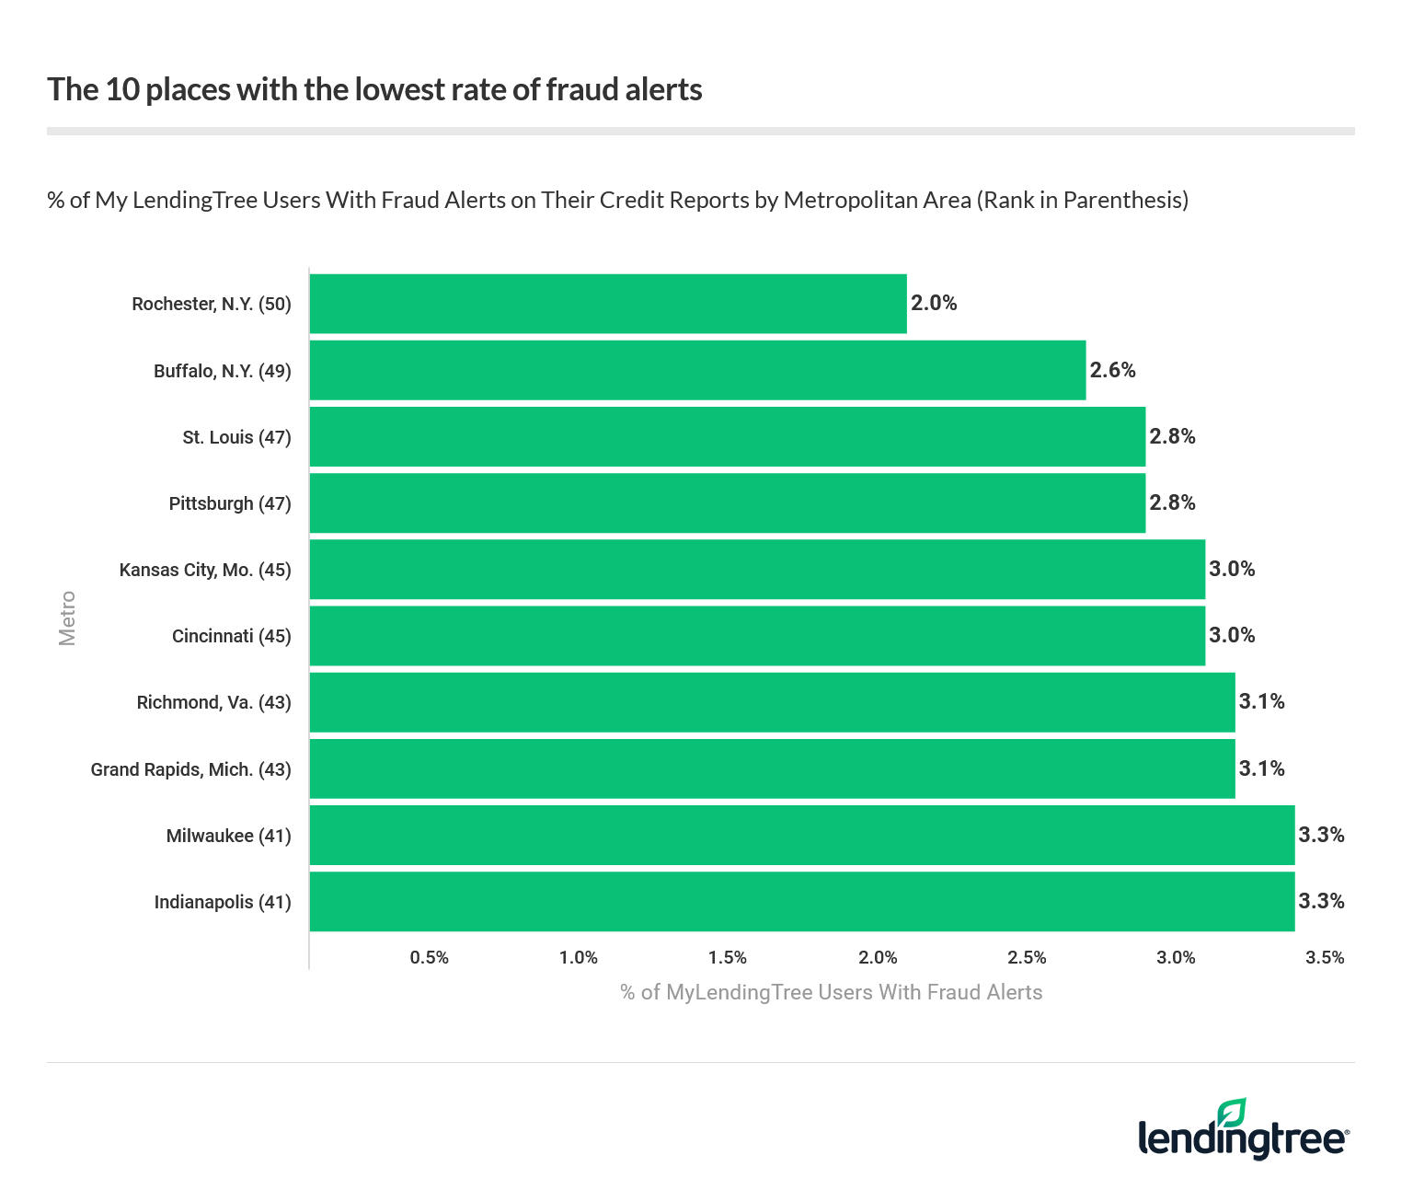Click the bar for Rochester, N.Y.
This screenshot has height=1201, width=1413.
coord(608,304)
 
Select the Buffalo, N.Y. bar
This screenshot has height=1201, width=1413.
coord(697,370)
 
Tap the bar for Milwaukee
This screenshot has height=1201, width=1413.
coord(802,836)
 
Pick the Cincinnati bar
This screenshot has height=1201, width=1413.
coord(757,636)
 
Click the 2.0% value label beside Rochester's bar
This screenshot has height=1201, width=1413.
coord(934,304)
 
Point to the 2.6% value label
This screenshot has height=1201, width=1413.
coord(1113,370)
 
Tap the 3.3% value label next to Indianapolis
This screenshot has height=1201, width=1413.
coord(1321,901)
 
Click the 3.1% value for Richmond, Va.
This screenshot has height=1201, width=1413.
coord(1261,702)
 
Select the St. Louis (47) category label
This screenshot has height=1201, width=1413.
coord(236,437)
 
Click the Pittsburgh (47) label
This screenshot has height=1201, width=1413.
coord(230,503)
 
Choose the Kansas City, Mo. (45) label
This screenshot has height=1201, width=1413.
coord(205,570)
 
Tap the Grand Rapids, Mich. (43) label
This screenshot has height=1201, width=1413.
coord(190,769)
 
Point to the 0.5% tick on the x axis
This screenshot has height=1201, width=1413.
coord(430,958)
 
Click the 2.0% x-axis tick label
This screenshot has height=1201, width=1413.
coord(878,958)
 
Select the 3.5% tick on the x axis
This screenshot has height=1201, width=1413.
coord(1325,958)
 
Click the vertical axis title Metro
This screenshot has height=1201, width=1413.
coord(67,618)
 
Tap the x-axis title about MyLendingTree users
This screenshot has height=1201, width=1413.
coord(831,992)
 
